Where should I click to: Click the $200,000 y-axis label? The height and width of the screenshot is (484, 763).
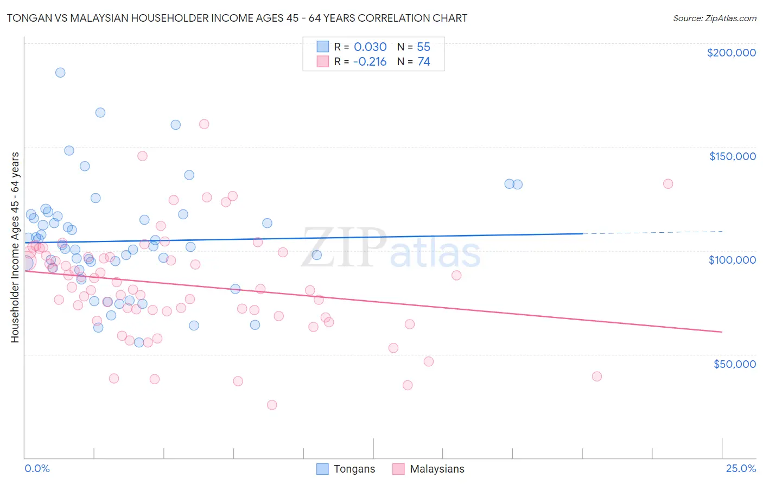tap(731, 53)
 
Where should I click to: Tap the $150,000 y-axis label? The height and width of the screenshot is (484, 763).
tap(732, 156)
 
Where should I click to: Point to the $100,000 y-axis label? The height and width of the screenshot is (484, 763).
tap(732, 260)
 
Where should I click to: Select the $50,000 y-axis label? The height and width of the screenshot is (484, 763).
tap(734, 364)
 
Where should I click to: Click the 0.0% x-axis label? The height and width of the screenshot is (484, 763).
tap(37, 468)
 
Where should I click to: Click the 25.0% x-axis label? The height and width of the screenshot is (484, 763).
tap(741, 468)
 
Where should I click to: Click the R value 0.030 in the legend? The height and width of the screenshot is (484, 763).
tap(370, 47)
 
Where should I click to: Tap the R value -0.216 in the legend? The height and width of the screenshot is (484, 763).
tap(370, 62)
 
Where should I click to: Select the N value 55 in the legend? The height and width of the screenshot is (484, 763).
tap(423, 47)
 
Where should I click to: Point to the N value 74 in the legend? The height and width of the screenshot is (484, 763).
tap(423, 62)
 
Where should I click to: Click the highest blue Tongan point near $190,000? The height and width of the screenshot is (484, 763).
tap(60, 72)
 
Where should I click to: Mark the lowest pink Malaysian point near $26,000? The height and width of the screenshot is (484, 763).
tap(272, 405)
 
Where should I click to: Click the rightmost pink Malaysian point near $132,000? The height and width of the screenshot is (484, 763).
tap(668, 184)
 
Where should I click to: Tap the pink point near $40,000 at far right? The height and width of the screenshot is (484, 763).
tap(597, 377)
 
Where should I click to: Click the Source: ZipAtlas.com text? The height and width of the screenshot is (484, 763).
tap(714, 18)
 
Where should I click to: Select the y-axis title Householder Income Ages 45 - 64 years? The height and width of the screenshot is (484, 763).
tap(15, 247)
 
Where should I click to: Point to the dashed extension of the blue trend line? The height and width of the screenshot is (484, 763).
tap(651, 232)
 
